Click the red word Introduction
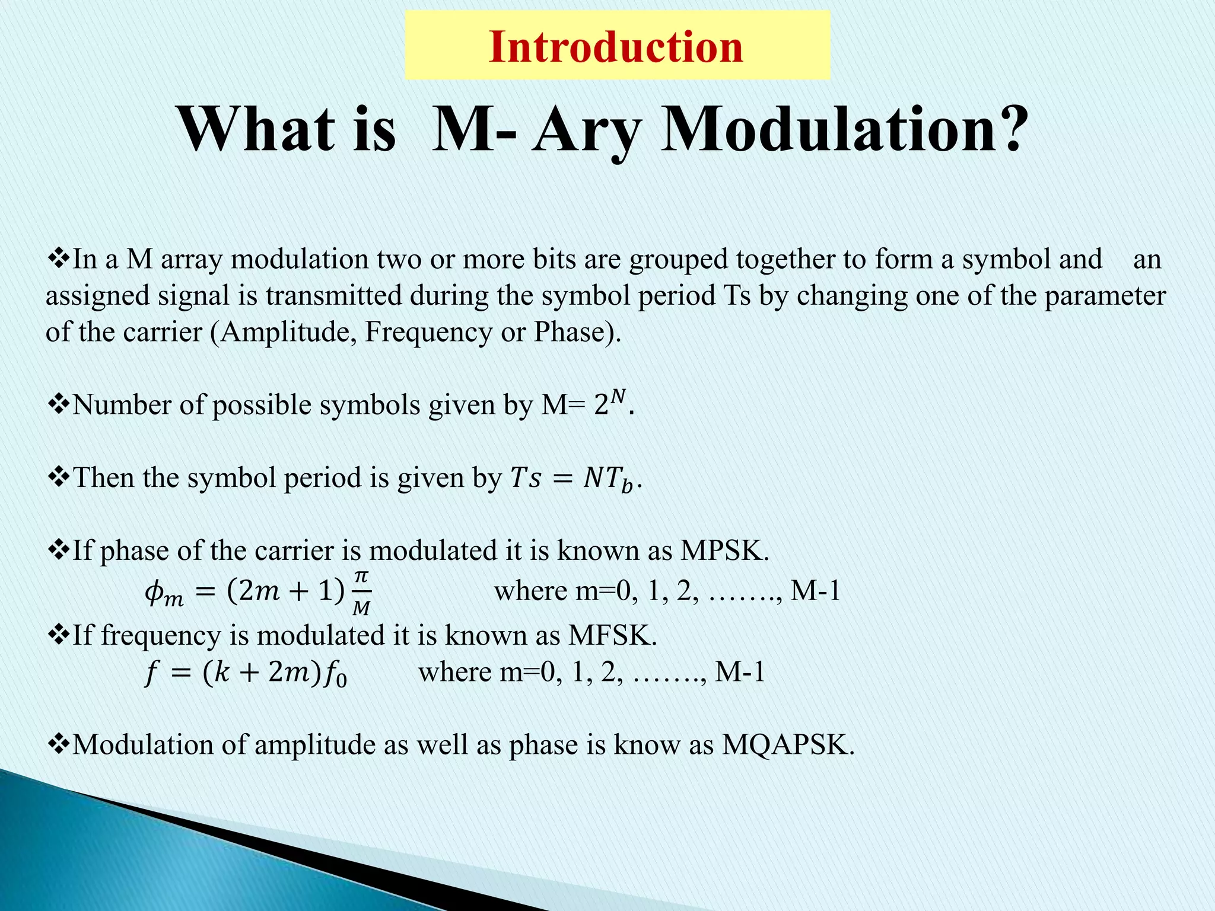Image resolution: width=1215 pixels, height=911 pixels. click(x=616, y=47)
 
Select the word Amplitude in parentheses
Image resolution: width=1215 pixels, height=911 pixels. click(x=287, y=332)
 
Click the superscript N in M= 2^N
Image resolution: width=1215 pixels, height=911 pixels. click(x=618, y=396)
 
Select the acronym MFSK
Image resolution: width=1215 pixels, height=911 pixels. click(x=612, y=635)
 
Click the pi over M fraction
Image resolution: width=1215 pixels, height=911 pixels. click(x=361, y=593)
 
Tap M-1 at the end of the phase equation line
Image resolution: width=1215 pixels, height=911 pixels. click(x=816, y=591)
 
